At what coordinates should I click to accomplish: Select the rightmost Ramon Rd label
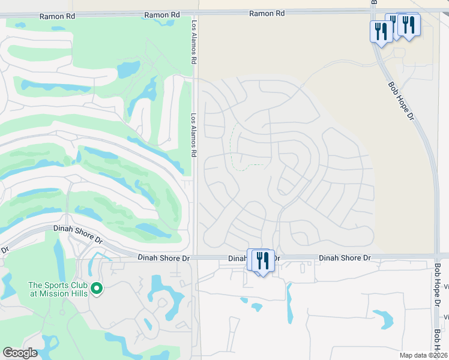[x=267, y=13]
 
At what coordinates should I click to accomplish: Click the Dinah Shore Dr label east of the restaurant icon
[x=345, y=257]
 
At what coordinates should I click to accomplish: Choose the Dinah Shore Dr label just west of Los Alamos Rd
[x=164, y=258]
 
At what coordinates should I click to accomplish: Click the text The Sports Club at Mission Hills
[x=58, y=289]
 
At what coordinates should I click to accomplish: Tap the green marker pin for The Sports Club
[x=96, y=290]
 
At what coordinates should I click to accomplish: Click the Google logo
[x=20, y=353]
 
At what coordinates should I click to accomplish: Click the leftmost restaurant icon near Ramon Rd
[x=381, y=31]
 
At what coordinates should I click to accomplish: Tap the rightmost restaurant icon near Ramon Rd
[x=409, y=25]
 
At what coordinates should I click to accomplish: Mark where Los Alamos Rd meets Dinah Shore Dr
[x=196, y=258]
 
